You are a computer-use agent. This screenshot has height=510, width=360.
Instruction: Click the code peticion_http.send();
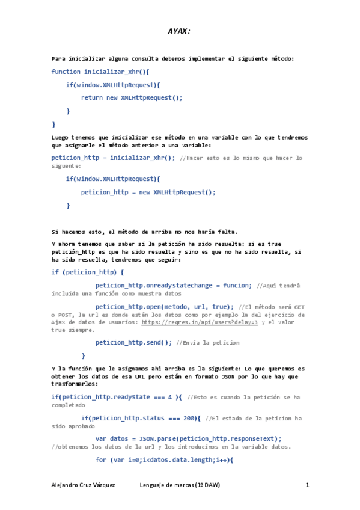tap(133, 342)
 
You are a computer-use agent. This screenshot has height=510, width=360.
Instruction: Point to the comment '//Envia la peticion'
tap(207, 342)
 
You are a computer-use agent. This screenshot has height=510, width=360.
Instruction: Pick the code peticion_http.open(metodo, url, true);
tap(165, 306)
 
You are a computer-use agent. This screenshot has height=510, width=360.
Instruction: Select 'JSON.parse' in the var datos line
tap(159, 438)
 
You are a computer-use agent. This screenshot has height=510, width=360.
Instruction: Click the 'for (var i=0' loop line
tap(163, 460)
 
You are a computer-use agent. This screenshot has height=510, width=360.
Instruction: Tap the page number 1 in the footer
tap(307, 485)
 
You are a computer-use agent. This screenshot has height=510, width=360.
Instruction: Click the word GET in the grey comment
tap(298, 306)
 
